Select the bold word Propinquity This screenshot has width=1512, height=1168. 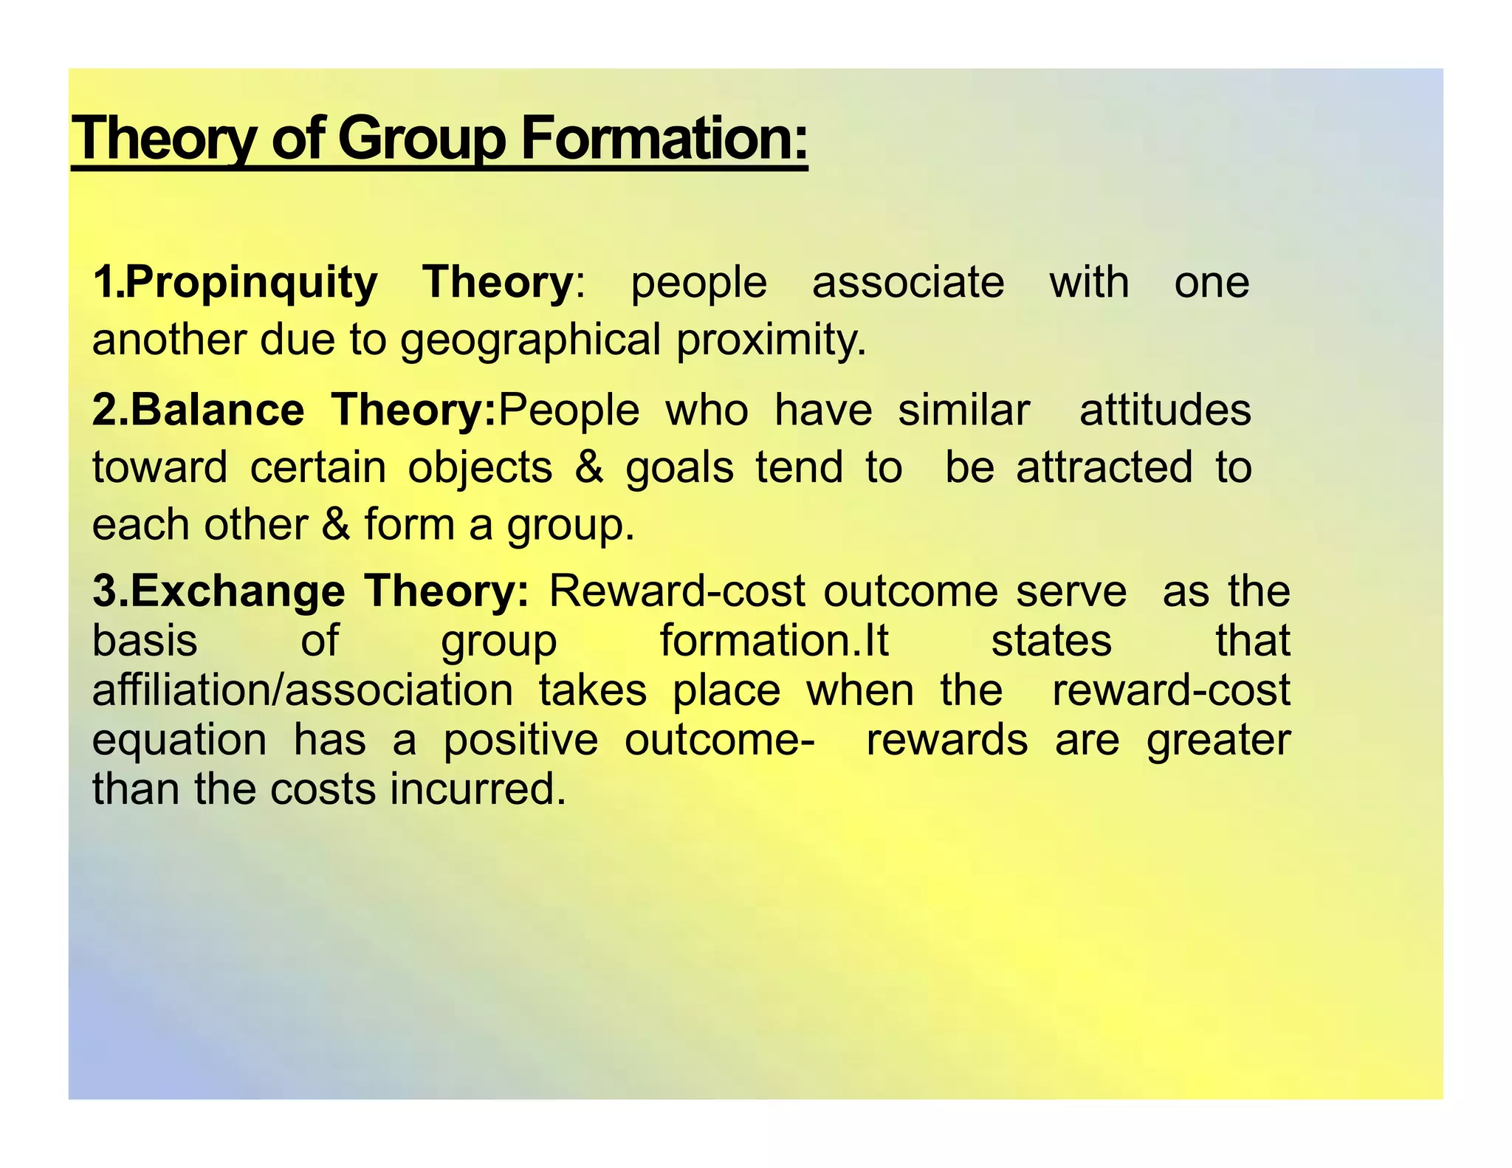[251, 283]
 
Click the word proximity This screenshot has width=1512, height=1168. [771, 340]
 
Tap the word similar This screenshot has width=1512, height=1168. [963, 410]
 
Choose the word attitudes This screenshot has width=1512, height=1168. [1164, 410]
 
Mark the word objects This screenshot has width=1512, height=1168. [480, 468]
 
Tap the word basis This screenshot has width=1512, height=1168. [145, 640]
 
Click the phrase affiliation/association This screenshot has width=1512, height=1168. [303, 690]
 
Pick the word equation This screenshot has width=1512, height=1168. [179, 740]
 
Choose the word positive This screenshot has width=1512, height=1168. [520, 739]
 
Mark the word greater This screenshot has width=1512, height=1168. [1218, 741]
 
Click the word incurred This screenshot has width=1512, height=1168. [478, 789]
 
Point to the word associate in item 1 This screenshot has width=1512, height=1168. [908, 283]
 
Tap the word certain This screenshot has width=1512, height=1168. [317, 468]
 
